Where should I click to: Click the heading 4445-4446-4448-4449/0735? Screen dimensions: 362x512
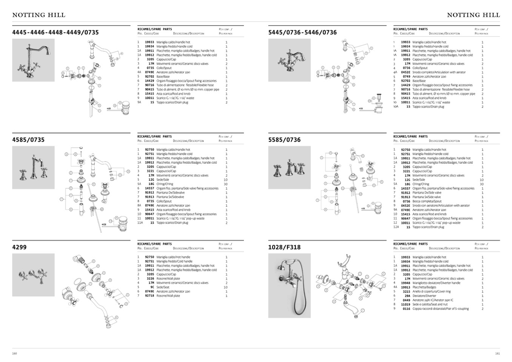tap(56, 32)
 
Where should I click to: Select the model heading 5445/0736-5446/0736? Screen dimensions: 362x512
tap(302, 32)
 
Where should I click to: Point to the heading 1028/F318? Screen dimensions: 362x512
tap(284, 247)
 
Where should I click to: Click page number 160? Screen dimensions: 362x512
tap(15, 354)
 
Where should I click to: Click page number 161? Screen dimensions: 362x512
tap(497, 354)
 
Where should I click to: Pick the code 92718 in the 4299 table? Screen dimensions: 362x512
tap(150, 296)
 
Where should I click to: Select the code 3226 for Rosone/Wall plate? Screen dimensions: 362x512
tap(150, 279)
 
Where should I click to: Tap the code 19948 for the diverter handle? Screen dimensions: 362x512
tap(406, 283)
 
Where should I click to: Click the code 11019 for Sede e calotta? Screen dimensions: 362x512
tap(406, 304)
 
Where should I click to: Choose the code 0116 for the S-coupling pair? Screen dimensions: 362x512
tap(406, 309)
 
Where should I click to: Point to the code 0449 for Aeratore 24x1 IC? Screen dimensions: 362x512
tap(406, 300)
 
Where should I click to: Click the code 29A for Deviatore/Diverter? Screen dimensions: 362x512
tap(407, 296)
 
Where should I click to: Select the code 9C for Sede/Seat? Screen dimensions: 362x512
tap(152, 287)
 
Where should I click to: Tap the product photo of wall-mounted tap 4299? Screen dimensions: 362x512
tap(33, 275)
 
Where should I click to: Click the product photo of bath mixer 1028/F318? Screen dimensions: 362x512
tap(289, 285)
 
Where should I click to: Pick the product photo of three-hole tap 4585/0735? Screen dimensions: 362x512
tap(33, 168)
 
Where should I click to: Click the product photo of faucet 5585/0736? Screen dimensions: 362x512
tap(289, 168)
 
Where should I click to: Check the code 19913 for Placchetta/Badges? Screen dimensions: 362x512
tap(406, 287)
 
